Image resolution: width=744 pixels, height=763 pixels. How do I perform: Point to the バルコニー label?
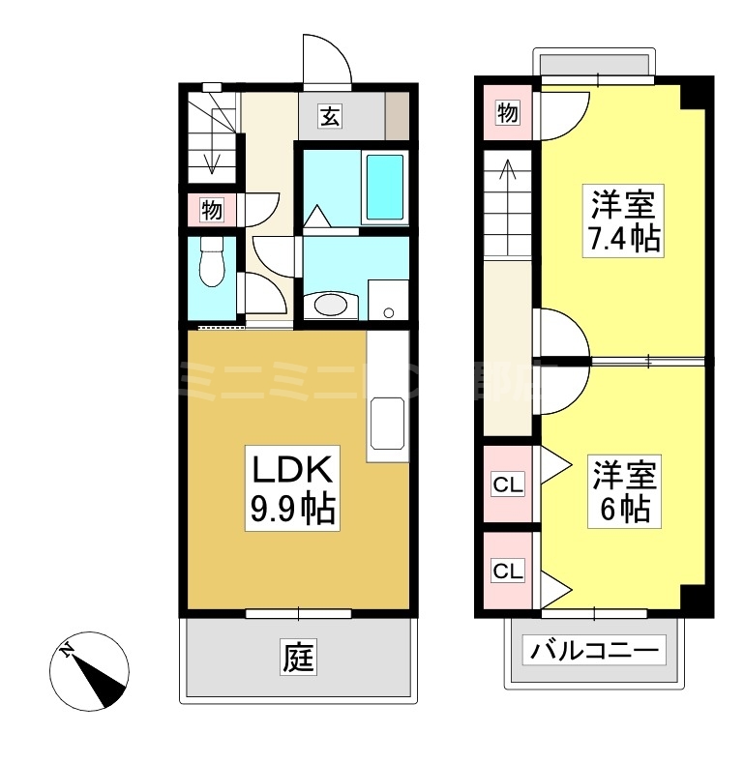pyautogui.click(x=595, y=650)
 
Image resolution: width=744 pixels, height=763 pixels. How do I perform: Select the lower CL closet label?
pyautogui.click(x=508, y=572)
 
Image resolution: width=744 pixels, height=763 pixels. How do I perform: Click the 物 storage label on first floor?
pyautogui.click(x=212, y=209)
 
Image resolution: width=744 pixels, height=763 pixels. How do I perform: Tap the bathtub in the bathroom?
pyautogui.click(x=384, y=187)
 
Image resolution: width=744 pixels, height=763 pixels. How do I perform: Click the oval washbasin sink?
pyautogui.click(x=330, y=305)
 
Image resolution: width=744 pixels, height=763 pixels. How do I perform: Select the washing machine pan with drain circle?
pyautogui.click(x=389, y=300)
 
